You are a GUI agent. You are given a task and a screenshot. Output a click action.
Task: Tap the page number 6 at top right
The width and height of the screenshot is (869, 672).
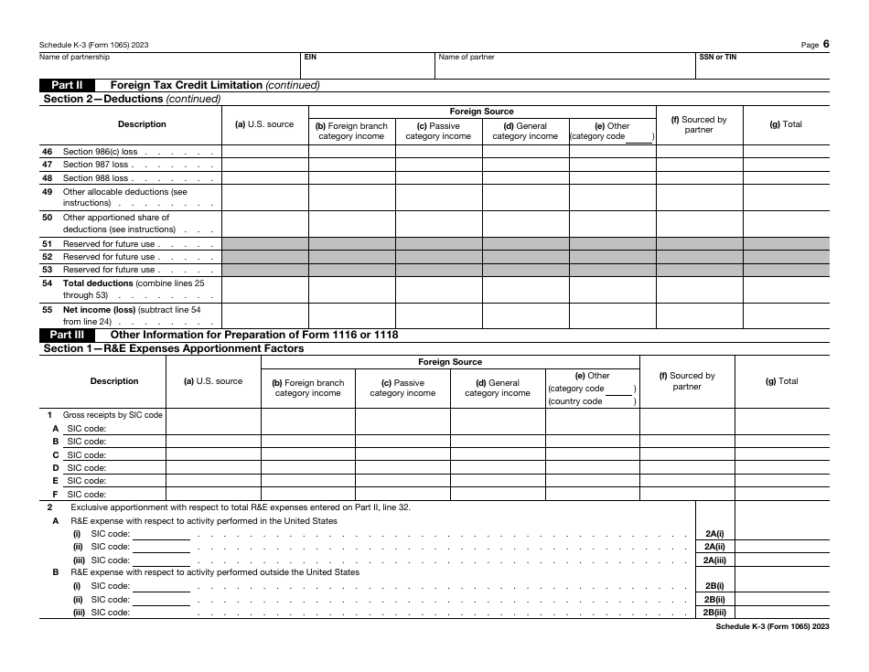[826, 44]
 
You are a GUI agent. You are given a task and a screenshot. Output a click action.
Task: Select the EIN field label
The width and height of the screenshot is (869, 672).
[310, 57]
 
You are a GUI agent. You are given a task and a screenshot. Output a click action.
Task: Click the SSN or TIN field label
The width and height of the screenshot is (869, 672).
[717, 57]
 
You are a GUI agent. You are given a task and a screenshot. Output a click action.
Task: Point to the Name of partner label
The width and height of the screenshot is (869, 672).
[467, 57]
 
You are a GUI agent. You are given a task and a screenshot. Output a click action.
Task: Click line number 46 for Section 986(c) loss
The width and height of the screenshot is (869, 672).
[47, 152]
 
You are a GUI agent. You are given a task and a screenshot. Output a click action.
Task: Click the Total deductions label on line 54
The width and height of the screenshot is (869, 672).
[98, 283]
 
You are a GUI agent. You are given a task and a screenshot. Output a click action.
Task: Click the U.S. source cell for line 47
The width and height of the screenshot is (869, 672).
[265, 165]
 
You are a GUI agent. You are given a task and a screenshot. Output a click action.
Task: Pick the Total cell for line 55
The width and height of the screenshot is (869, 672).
[786, 315]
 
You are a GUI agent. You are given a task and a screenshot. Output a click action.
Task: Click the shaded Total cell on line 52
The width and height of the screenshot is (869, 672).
[786, 257]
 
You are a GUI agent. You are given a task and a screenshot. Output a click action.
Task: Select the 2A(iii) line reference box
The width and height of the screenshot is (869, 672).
[714, 560]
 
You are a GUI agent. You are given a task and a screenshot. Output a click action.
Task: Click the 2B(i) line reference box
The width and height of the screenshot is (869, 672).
[714, 586]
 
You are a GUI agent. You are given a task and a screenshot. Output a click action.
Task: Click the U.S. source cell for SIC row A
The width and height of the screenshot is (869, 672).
[213, 428]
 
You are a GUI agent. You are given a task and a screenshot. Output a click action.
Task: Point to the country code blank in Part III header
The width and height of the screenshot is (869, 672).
[619, 400]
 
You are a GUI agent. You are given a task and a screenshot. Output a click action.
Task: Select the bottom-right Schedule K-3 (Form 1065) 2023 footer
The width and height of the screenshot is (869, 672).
[772, 626]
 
